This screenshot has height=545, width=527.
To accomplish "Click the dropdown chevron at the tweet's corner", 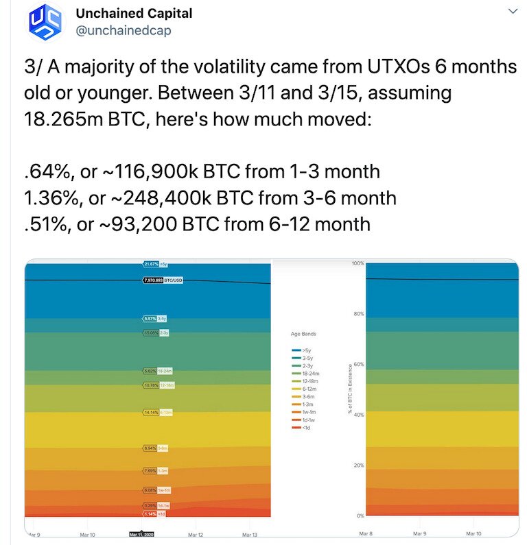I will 512,12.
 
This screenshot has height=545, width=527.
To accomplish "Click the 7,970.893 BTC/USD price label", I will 162,280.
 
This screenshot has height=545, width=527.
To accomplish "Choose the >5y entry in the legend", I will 303,350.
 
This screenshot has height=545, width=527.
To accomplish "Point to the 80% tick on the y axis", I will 357,314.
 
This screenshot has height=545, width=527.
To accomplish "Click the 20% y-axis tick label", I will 357,465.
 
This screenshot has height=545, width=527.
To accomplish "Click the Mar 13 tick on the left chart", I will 250,533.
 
